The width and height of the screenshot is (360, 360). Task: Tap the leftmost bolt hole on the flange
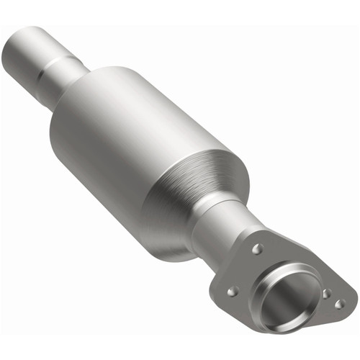coord(232,292)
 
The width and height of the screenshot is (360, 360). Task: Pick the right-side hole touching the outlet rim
coord(326,293)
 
